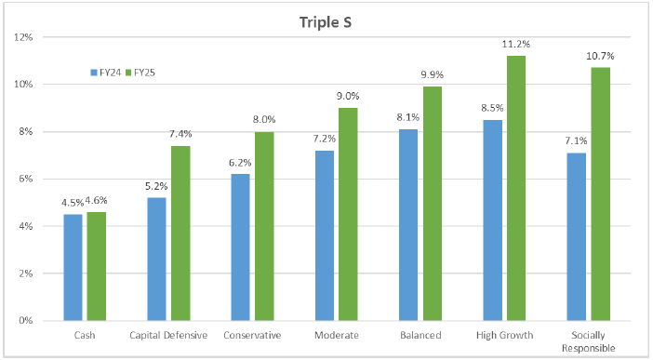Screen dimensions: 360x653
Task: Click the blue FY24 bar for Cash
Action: coord(73,267)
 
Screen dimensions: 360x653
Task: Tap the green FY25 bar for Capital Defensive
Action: coord(180,233)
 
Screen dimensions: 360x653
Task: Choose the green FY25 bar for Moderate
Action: coord(348,214)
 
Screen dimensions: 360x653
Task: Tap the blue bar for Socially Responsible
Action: coord(576,236)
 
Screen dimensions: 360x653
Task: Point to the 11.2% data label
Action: coord(517,44)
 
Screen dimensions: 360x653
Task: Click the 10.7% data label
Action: coord(601,56)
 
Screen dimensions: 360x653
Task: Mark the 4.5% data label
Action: coord(72,203)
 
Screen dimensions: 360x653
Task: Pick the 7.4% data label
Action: coord(181,134)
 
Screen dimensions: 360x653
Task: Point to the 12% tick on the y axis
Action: coord(22,38)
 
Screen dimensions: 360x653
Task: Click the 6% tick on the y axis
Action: coord(25,180)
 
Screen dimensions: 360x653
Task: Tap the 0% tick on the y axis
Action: coord(25,321)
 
